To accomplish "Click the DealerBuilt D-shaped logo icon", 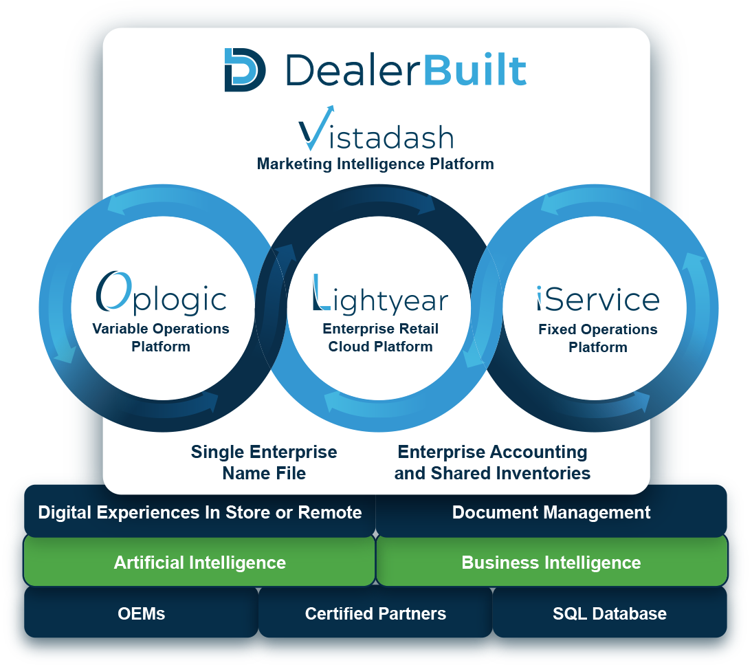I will [245, 70].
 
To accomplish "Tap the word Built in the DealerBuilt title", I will [475, 70].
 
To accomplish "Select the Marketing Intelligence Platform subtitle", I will [375, 164].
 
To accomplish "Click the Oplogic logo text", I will [161, 294].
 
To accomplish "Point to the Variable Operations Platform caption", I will [161, 338].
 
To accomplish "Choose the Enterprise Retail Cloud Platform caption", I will [380, 338].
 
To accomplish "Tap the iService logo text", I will [597, 298].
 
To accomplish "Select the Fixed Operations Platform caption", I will [597, 338].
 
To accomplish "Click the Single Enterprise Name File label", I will [264, 462].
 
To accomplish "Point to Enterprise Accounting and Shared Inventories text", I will [492, 462].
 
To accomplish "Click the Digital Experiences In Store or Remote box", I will [199, 512].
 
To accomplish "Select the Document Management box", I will [551, 512].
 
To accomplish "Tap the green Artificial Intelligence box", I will [199, 563].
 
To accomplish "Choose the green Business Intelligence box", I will [551, 563].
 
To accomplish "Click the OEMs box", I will [141, 613].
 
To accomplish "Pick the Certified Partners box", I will [375, 613].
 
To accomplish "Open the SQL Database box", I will [610, 613].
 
